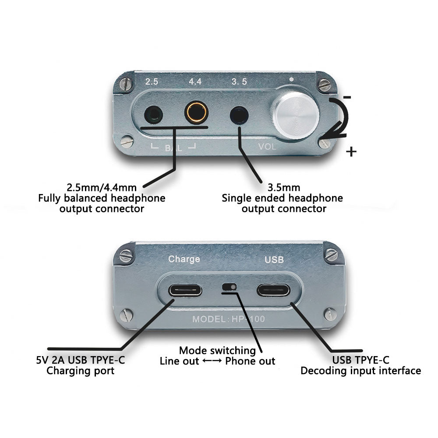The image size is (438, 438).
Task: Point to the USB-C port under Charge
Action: click(185, 290)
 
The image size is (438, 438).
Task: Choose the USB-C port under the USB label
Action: click(273, 290)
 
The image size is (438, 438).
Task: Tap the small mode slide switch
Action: click(230, 286)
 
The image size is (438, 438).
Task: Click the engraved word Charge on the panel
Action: click(184, 259)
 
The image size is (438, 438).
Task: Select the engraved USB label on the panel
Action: click(274, 260)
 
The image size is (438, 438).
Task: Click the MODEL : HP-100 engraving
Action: click(229, 319)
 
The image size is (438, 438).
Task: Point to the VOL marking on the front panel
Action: click(267, 146)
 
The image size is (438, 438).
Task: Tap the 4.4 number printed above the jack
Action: click(195, 81)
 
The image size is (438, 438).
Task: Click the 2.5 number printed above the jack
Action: click(152, 81)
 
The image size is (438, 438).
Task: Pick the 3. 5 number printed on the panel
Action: click(240, 81)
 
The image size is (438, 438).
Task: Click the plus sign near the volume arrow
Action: click(351, 152)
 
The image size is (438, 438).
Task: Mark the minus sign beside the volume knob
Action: click(346, 97)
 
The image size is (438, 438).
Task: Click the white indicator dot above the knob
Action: click(291, 79)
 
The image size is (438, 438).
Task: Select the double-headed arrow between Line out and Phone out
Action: click(212, 360)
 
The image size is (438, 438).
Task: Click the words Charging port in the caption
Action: click(81, 371)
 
